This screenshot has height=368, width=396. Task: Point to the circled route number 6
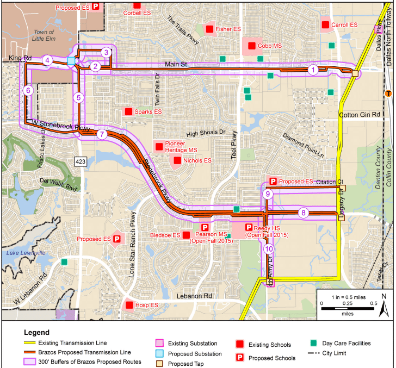tap(28, 91)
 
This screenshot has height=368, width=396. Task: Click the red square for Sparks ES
tap(128, 111)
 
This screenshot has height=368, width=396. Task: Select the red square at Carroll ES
tap(325, 25)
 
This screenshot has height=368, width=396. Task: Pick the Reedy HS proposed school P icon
tap(249, 227)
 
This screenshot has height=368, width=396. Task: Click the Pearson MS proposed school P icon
tap(205, 227)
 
